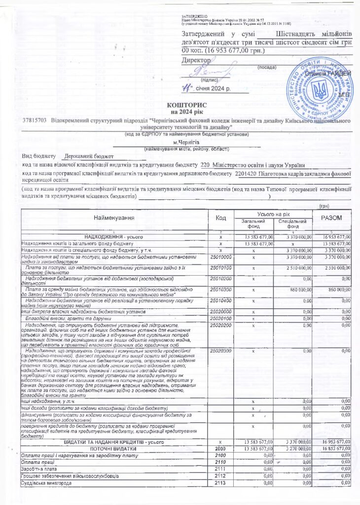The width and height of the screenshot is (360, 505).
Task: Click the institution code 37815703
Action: point(35,120)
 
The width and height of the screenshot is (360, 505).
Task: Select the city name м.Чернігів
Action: point(185,143)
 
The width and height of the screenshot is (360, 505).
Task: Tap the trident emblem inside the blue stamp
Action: point(321,92)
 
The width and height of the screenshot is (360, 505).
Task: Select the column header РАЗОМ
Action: point(335,217)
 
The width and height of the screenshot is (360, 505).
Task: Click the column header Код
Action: point(220,217)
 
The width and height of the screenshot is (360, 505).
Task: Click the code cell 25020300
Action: point(220,351)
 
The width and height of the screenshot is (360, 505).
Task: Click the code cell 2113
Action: point(220,483)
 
